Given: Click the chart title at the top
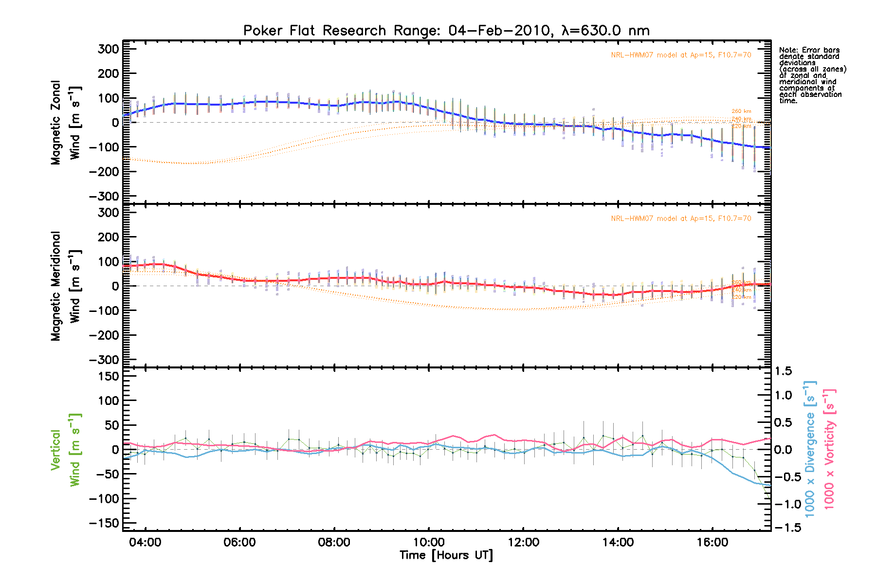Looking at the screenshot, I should click(446, 31).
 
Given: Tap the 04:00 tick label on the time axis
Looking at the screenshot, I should click(145, 542).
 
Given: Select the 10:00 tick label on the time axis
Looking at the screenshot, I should click(429, 542).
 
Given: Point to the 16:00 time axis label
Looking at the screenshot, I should click(712, 542).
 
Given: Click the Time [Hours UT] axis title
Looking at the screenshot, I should click(446, 555).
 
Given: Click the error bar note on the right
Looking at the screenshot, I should click(812, 75).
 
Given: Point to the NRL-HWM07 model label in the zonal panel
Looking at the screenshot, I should click(681, 55).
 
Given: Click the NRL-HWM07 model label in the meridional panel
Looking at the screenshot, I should click(681, 219).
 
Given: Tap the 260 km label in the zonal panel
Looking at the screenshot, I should click(741, 111).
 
